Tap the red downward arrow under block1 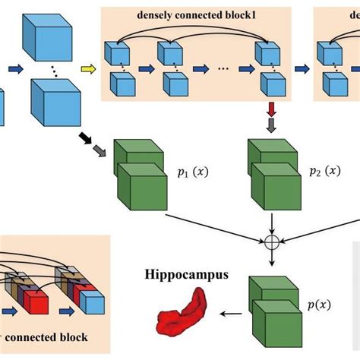(x=271, y=109)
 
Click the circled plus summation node (x=270, y=243)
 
